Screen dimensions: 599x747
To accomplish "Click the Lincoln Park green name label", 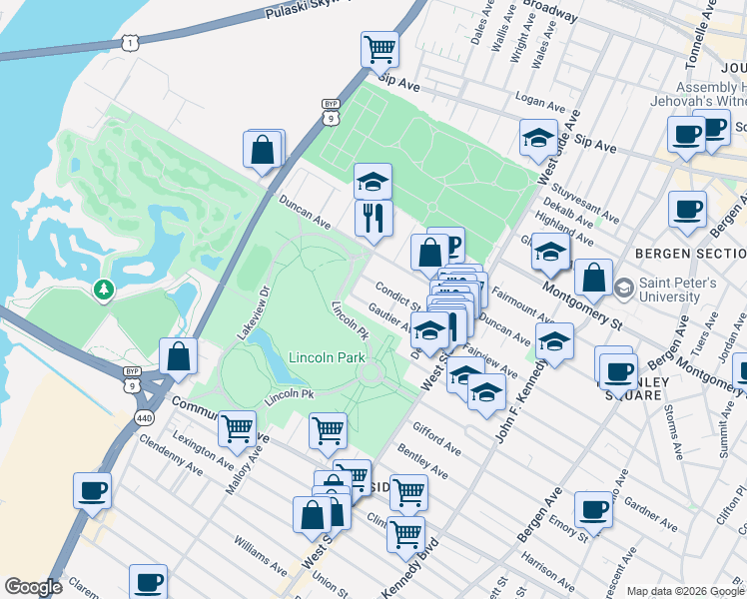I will (327, 357).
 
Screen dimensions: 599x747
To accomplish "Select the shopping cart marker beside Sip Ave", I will (379, 49).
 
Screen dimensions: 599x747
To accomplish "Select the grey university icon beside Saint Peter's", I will (624, 289).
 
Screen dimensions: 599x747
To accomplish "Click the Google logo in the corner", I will (33, 587).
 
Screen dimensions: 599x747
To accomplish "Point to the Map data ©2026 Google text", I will (684, 591).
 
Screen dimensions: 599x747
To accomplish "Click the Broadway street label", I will (550, 11).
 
